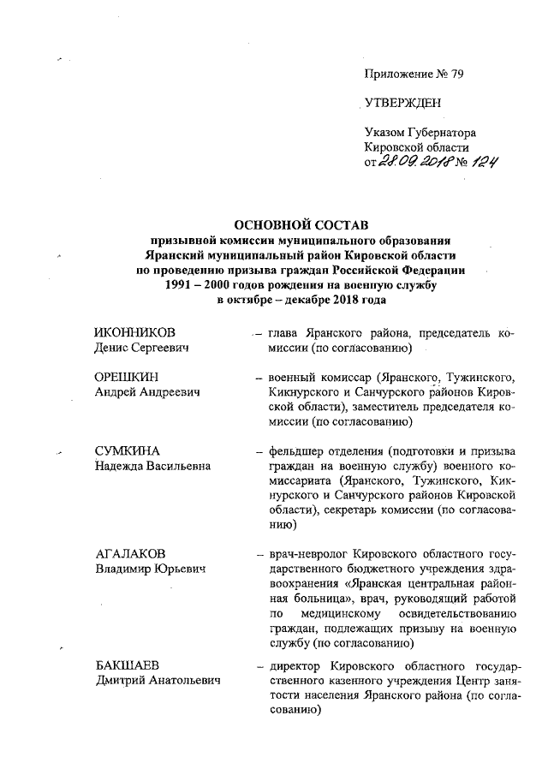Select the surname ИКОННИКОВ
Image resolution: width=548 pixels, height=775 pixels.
click(135, 333)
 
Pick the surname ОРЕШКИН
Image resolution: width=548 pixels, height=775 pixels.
click(128, 378)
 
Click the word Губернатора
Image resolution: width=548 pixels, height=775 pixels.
click(443, 133)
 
